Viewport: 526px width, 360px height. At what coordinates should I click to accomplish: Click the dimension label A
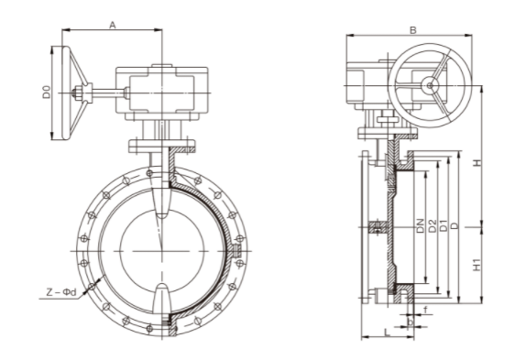[112, 25]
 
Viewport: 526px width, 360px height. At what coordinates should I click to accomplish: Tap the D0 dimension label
[46, 92]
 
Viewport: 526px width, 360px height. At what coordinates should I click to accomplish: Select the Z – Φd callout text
[61, 292]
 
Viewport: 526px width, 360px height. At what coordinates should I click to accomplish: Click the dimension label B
[413, 30]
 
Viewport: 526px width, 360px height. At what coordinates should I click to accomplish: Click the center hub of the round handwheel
[427, 86]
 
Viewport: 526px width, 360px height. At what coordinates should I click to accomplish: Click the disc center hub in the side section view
[375, 228]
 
